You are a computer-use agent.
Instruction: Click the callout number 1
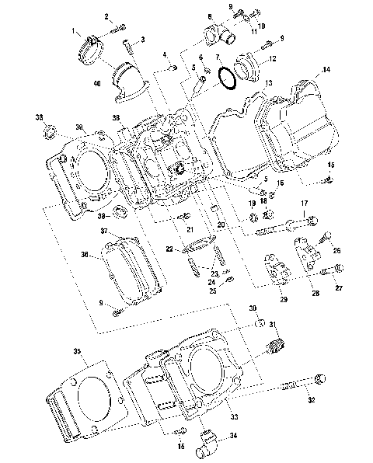click(76, 31)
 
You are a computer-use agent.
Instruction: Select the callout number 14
click(326, 70)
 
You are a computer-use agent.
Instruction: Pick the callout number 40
click(97, 83)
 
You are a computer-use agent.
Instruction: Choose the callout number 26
click(336, 250)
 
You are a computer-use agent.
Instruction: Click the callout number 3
click(142, 39)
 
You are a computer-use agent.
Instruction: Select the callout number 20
click(221, 225)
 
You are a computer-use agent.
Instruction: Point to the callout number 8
click(209, 16)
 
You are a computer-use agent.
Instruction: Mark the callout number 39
click(78, 128)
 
